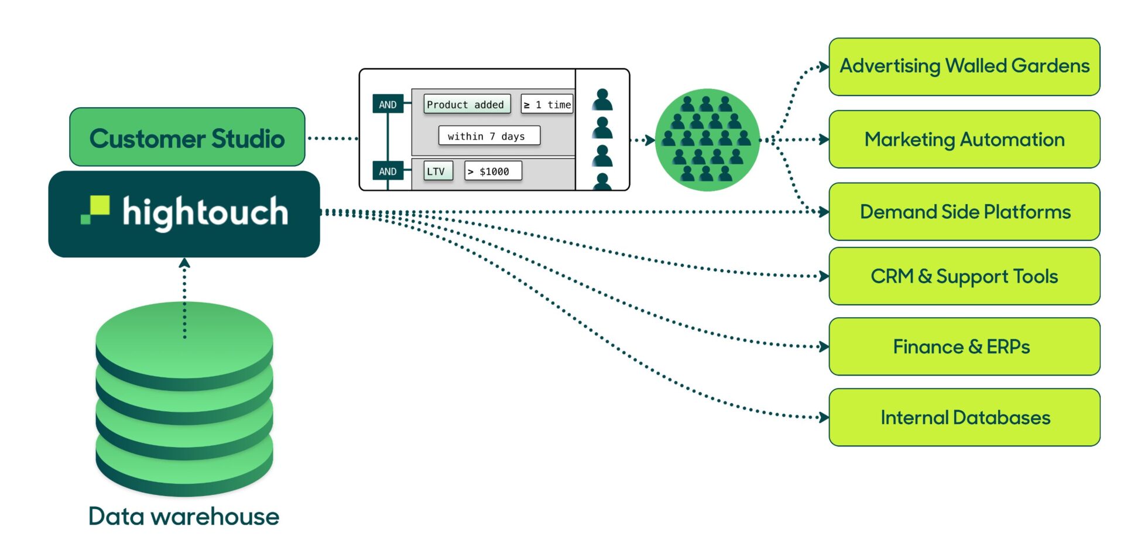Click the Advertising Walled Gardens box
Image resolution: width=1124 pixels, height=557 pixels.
(x=964, y=67)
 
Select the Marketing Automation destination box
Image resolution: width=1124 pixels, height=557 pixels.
(x=964, y=139)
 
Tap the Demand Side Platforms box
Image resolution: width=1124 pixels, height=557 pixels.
(x=964, y=212)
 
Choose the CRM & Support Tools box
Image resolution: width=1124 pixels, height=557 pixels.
(x=964, y=276)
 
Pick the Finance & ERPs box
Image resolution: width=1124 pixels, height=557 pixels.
(x=964, y=347)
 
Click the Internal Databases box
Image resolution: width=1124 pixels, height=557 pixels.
(x=964, y=418)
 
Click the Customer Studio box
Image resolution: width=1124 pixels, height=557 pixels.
(x=187, y=138)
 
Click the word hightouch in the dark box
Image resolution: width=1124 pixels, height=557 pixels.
(x=205, y=212)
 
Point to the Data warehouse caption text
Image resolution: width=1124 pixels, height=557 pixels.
(x=184, y=517)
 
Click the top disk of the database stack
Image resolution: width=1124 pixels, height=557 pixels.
(x=184, y=339)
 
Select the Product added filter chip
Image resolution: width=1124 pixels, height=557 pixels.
(x=466, y=105)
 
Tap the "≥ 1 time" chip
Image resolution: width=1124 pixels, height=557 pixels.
(x=547, y=105)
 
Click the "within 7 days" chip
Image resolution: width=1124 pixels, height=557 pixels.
(x=488, y=136)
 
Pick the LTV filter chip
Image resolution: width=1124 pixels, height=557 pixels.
(x=437, y=171)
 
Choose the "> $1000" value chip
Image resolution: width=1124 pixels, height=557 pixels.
(x=492, y=171)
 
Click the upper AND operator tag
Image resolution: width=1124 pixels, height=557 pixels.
(x=388, y=105)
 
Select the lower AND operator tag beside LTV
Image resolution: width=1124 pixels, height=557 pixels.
(x=388, y=171)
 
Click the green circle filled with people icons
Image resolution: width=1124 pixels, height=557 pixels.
(x=707, y=140)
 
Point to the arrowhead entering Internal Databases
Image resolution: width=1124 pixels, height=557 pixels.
(x=824, y=418)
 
